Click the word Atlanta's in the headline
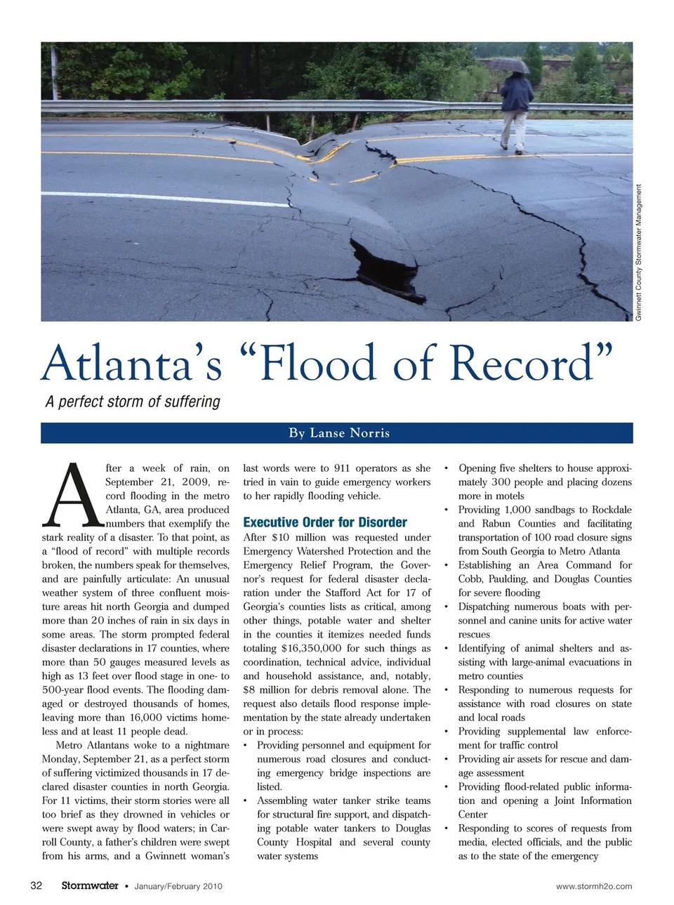[x=132, y=364]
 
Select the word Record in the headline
[x=522, y=364]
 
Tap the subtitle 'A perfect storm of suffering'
[x=133, y=402]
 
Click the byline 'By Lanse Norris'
[x=338, y=432]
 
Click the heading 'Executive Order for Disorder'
[x=324, y=522]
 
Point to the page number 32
[x=37, y=885]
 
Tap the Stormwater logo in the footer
[x=89, y=885]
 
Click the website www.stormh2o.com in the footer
[x=593, y=886]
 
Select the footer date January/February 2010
[x=178, y=886]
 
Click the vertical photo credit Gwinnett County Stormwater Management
[x=638, y=253]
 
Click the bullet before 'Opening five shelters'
[x=446, y=468]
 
